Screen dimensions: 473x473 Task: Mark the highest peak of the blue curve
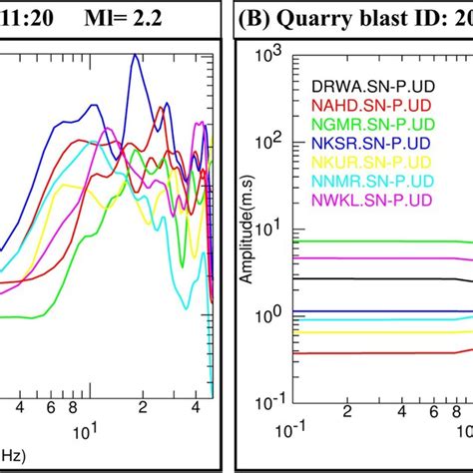tap(134, 57)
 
